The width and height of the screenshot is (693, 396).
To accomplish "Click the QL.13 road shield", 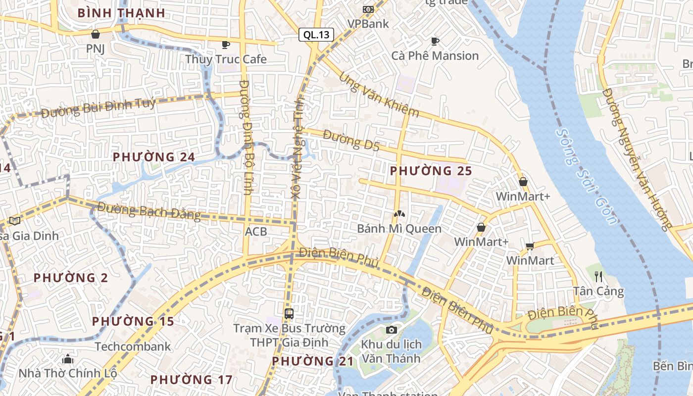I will (x=316, y=35).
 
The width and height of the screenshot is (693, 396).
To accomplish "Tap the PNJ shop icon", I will (x=96, y=34).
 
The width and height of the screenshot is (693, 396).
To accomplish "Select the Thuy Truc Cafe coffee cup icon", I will (x=226, y=45).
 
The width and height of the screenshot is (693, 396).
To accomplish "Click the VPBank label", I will (x=368, y=24).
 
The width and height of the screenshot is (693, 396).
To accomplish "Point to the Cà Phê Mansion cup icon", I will (x=435, y=42).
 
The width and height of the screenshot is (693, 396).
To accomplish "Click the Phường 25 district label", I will (x=431, y=171).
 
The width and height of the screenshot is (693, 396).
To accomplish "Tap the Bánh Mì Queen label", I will (x=399, y=229).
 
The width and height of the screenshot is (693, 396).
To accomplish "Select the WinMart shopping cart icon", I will (x=530, y=246).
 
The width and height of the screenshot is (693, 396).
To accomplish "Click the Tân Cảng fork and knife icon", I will (x=598, y=276).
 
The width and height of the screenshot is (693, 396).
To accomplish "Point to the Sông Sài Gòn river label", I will (x=587, y=176).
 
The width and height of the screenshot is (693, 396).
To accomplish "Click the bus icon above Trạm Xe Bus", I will (x=289, y=313).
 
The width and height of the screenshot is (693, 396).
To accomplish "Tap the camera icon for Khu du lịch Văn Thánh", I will (x=391, y=330).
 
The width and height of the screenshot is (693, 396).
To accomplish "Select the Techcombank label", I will (x=133, y=346).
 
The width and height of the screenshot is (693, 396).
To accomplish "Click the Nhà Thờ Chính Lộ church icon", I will (x=68, y=359).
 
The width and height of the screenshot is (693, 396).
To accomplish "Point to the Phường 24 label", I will (x=153, y=157).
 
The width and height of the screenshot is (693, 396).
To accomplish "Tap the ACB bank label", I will (x=256, y=232).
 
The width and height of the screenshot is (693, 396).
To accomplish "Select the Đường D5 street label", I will (x=351, y=140).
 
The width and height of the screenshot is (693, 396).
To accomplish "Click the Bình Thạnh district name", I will (x=121, y=13).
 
